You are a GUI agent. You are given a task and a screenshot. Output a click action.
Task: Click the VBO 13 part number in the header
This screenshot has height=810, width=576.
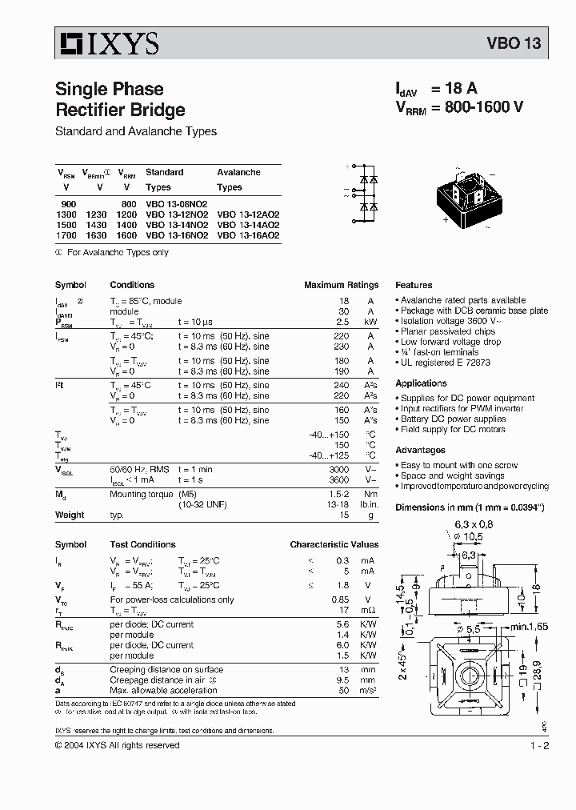click(514, 44)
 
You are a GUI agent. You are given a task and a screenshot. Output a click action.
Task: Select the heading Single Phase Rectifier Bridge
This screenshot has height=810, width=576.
click(119, 99)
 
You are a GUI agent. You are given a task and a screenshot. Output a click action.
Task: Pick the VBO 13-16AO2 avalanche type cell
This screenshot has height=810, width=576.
click(248, 236)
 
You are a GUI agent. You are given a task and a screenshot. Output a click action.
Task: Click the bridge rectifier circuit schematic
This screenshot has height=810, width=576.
click(365, 193)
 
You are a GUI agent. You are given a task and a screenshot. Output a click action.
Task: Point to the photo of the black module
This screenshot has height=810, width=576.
click(476, 195)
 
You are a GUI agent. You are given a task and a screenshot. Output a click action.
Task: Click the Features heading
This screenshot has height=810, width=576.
click(414, 285)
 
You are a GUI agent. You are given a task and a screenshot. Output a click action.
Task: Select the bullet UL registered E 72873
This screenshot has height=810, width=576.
click(445, 363)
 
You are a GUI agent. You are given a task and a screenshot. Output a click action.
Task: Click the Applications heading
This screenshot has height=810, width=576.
click(421, 383)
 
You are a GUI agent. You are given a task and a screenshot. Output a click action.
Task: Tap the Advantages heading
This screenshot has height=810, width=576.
click(420, 451)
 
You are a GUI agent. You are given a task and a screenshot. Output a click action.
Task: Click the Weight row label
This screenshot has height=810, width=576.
click(70, 515)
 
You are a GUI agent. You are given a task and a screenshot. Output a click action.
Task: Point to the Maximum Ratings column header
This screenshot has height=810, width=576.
click(341, 285)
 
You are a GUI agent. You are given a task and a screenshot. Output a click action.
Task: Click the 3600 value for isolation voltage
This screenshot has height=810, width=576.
click(341, 479)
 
